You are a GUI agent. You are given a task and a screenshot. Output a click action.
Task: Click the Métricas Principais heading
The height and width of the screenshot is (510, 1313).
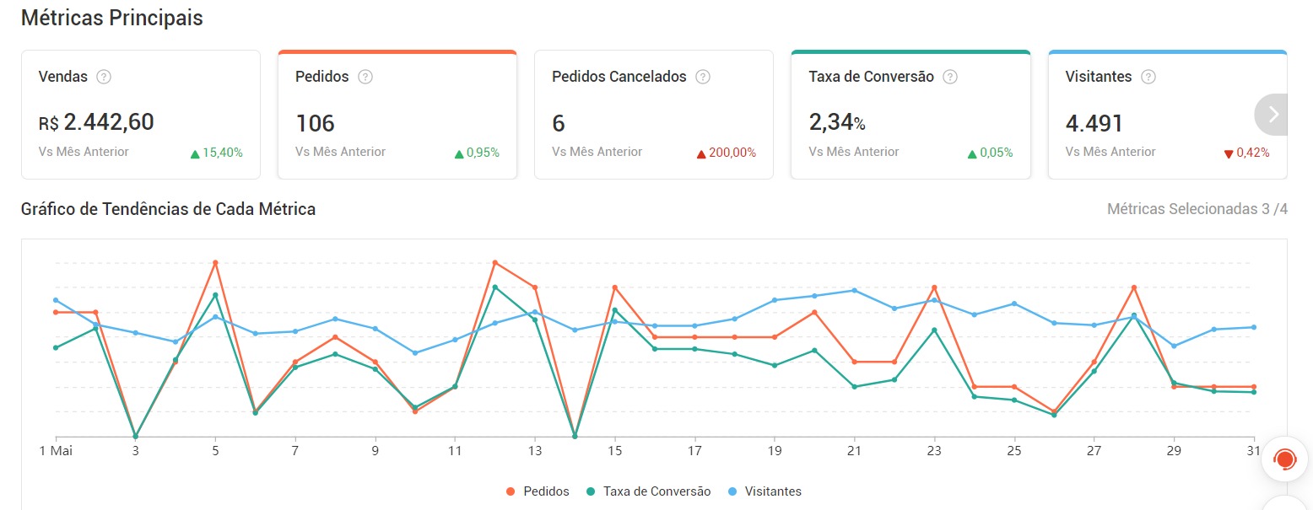click(111, 18)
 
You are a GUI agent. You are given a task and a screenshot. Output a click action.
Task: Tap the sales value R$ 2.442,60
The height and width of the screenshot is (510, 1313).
click(96, 122)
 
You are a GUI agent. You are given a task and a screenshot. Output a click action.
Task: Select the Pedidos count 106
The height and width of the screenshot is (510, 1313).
click(315, 123)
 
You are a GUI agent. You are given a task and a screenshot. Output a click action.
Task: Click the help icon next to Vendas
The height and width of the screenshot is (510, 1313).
click(104, 77)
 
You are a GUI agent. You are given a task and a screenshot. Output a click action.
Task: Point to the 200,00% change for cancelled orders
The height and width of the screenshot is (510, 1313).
click(726, 153)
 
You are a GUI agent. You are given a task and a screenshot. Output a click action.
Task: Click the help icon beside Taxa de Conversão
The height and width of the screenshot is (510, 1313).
click(950, 77)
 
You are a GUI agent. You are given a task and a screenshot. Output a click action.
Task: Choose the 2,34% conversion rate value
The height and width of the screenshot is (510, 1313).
click(837, 123)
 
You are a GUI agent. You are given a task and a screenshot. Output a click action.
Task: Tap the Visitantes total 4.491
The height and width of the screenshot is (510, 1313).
click(1094, 123)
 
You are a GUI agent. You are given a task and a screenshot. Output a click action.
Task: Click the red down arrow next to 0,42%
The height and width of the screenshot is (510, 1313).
click(1229, 153)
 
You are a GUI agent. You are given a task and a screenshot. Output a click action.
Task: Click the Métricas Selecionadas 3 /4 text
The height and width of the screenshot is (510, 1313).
click(1197, 209)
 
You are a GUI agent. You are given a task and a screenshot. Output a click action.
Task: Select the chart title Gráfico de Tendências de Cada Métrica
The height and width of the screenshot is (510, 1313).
click(168, 209)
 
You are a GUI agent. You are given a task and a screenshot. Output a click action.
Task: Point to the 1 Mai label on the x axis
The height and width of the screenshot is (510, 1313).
click(57, 451)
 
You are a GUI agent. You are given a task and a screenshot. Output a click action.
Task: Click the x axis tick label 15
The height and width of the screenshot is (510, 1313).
click(615, 451)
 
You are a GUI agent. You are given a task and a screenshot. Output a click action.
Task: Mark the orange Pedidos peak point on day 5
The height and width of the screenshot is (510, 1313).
click(215, 263)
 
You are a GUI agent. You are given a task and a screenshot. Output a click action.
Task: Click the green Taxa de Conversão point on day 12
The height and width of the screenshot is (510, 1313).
click(495, 287)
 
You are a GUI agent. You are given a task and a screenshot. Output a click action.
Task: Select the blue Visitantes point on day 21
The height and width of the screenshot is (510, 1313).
click(855, 290)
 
